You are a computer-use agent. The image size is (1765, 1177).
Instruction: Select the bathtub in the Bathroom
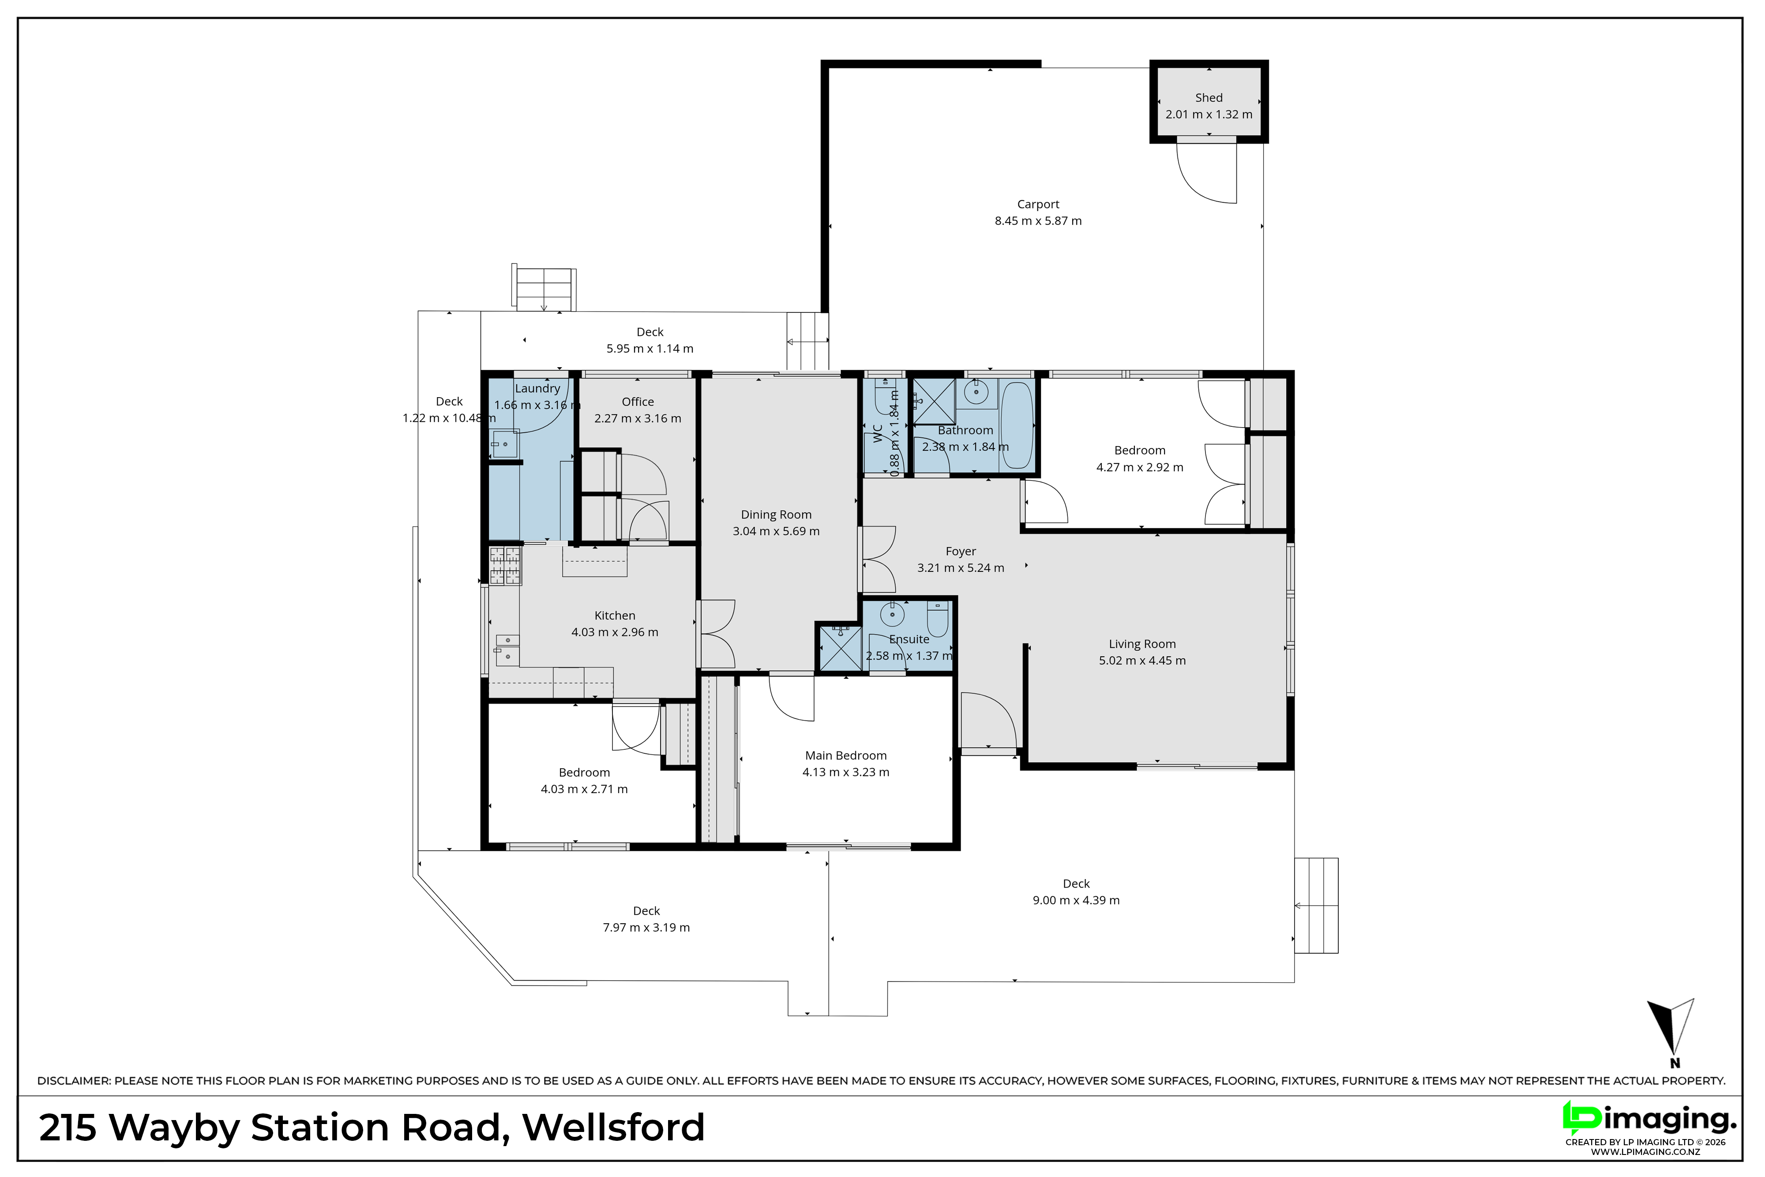[x=1017, y=425]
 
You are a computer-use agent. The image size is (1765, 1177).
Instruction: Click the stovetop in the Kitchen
[x=504, y=566]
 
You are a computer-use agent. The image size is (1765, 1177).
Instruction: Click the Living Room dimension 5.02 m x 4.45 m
[x=1142, y=661]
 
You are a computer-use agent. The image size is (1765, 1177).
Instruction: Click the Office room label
[x=638, y=402]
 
